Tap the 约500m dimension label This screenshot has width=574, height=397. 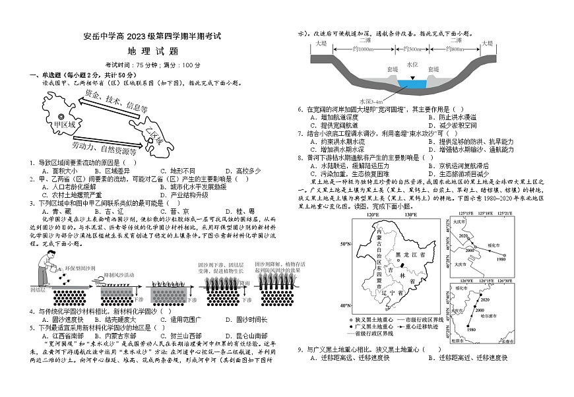tap(412, 49)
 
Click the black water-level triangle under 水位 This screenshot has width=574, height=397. tap(413, 78)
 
